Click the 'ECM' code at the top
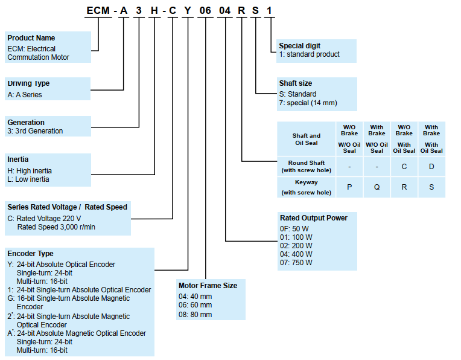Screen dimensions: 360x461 98,11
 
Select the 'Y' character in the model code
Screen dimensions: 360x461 188,11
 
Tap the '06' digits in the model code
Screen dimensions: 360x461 206,11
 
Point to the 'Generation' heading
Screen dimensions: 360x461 26,123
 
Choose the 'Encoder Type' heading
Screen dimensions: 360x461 30,254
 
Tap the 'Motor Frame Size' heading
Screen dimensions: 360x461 208,285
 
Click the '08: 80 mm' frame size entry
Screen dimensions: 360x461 195,315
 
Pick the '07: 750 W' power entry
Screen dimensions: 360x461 296,263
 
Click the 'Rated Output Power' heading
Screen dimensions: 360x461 313,217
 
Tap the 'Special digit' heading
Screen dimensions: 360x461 299,46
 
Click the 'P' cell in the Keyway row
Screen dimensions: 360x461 349,187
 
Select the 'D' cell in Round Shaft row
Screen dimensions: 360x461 431,167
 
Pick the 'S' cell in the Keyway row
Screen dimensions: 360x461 431,187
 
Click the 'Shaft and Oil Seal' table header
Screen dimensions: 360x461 307,140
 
